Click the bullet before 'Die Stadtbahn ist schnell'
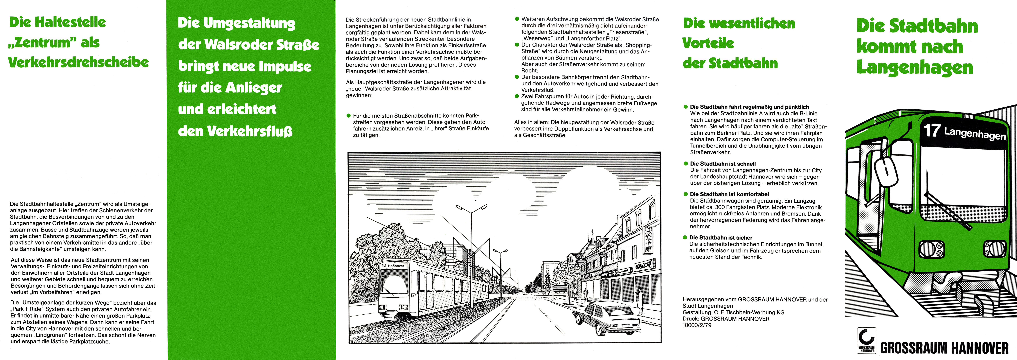tap(686, 163)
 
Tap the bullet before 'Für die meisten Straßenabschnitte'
tap(349, 116)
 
